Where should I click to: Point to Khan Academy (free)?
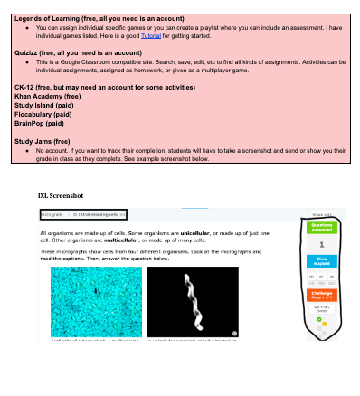48,98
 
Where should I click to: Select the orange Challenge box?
322,295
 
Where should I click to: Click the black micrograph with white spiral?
193,300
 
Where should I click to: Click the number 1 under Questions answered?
322,243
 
